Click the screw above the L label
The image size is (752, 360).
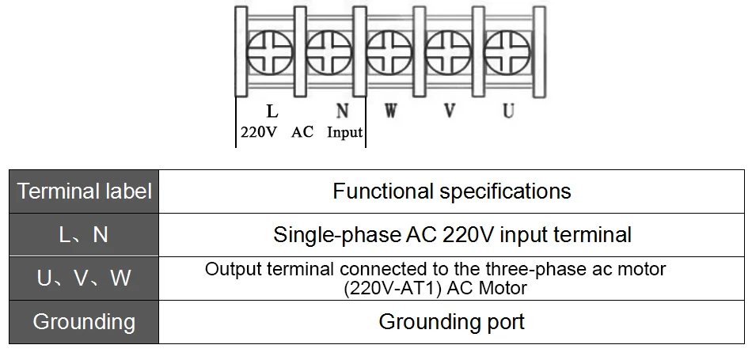click(x=269, y=52)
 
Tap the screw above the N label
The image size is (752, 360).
click(x=329, y=52)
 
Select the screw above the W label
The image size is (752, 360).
click(x=389, y=52)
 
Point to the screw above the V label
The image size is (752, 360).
click(x=448, y=52)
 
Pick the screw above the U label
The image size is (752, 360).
click(x=507, y=52)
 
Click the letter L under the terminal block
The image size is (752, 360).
click(x=272, y=112)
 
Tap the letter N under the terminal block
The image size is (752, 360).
click(x=342, y=112)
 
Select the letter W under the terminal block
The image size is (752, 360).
click(x=391, y=112)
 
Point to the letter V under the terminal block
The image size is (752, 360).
click(x=450, y=112)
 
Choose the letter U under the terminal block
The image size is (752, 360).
click(x=508, y=112)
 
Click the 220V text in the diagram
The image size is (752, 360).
click(x=259, y=132)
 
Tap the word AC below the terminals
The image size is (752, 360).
click(x=302, y=132)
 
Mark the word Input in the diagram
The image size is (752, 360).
click(x=345, y=132)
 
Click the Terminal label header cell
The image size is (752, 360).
click(x=84, y=191)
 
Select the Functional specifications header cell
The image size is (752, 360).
click(x=452, y=191)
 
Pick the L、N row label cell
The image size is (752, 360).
click(x=84, y=235)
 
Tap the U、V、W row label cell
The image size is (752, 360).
click(x=84, y=279)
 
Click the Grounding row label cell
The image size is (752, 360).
click(x=84, y=322)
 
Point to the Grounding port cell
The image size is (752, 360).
click(x=452, y=322)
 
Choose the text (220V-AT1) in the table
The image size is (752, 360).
click(x=393, y=288)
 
